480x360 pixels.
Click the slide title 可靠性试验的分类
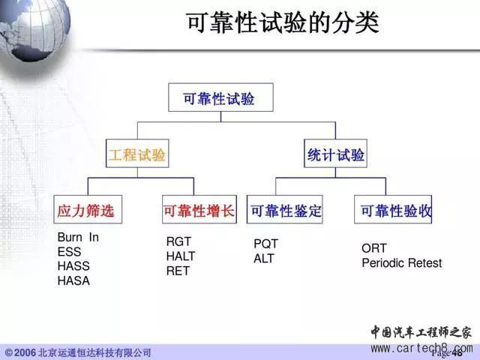(283, 23)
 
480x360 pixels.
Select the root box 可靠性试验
(220, 97)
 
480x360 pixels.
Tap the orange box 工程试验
(137, 153)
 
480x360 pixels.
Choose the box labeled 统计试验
(335, 153)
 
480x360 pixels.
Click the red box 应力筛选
(88, 209)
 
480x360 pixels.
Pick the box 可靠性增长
(199, 209)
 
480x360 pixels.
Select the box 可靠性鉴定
(285, 209)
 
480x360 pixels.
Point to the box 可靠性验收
(393, 209)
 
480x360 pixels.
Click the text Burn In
(78, 237)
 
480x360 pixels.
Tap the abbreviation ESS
(69, 252)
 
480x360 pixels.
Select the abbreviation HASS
(73, 265)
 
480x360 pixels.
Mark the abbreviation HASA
(73, 280)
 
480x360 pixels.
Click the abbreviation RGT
(178, 241)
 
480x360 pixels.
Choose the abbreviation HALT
(181, 256)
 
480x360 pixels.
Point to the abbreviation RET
(178, 271)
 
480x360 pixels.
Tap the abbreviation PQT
(265, 244)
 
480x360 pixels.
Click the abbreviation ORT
(373, 248)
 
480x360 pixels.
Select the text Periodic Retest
(402, 262)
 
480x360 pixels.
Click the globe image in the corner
(34, 29)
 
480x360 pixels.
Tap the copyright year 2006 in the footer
(25, 352)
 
